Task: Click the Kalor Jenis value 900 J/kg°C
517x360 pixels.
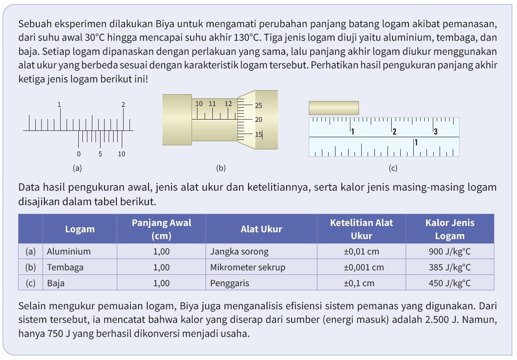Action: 450,251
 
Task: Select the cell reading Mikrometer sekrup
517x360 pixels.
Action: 248,267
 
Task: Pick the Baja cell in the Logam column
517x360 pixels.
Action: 56,283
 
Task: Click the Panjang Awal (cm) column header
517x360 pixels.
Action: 161,229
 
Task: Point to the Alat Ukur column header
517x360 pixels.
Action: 261,229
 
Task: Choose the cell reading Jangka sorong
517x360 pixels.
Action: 239,251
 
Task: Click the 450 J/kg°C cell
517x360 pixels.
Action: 450,283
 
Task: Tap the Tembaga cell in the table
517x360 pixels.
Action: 65,267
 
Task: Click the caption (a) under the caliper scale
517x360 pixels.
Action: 77,168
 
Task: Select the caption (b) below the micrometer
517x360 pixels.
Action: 220,168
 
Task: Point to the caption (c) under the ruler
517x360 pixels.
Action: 393,168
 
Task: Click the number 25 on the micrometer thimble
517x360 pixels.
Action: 258,106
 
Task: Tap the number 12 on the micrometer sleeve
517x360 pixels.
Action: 228,103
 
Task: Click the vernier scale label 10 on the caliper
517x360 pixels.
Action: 121,154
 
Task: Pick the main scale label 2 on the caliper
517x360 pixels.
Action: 123,105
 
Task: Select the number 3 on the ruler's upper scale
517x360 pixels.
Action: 436,132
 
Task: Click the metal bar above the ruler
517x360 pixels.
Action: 334,108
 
